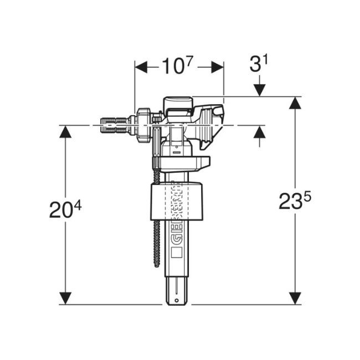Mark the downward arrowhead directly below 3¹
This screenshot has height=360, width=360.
[x=259, y=90]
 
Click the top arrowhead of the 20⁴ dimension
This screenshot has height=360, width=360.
[x=66, y=132]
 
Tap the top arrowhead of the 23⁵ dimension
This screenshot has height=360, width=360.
[x=295, y=103]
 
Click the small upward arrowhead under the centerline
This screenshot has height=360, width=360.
[x=259, y=133]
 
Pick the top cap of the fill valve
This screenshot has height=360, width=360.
[x=177, y=102]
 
